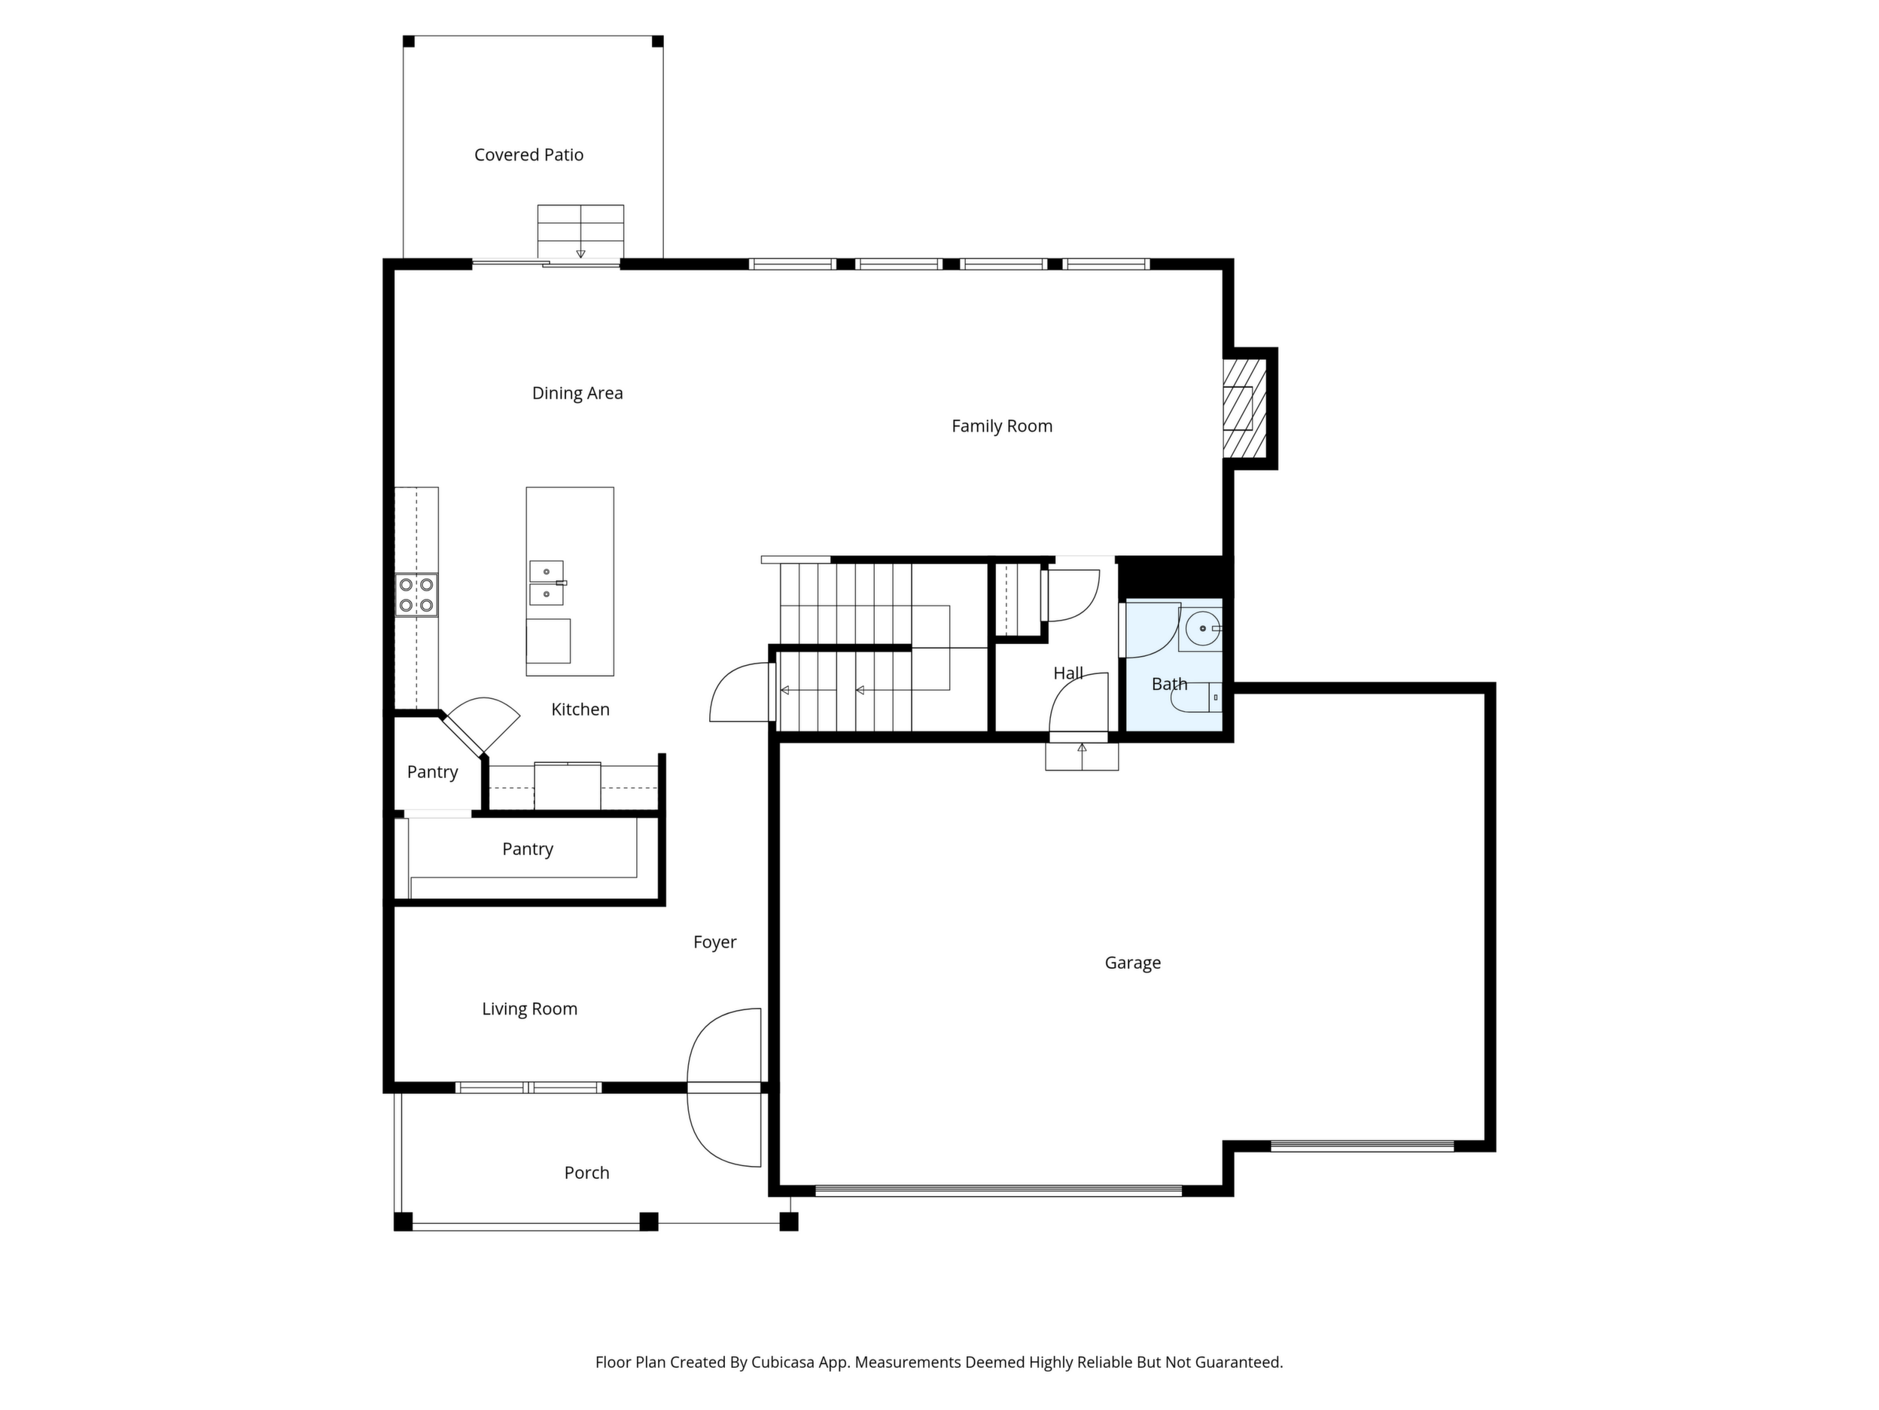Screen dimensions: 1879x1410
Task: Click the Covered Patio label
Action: (x=528, y=154)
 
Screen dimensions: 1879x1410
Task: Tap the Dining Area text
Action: (x=577, y=393)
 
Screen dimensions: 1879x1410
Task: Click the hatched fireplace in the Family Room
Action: (x=1244, y=408)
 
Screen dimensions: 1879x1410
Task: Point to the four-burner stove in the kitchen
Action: (x=416, y=595)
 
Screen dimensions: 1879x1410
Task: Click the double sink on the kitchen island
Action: (x=547, y=583)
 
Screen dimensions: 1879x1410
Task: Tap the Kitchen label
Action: (x=580, y=710)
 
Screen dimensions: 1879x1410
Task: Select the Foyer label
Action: (x=714, y=942)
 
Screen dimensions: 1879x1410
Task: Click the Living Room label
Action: (x=529, y=1009)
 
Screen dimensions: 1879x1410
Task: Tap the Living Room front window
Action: (x=528, y=1087)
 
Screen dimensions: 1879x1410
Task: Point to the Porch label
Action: (x=587, y=1173)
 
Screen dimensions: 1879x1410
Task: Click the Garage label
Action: (x=1132, y=963)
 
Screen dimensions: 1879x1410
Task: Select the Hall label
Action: (x=1067, y=674)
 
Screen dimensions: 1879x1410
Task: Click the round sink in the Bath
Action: (x=1203, y=629)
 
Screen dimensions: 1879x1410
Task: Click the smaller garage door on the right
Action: (x=1363, y=1146)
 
